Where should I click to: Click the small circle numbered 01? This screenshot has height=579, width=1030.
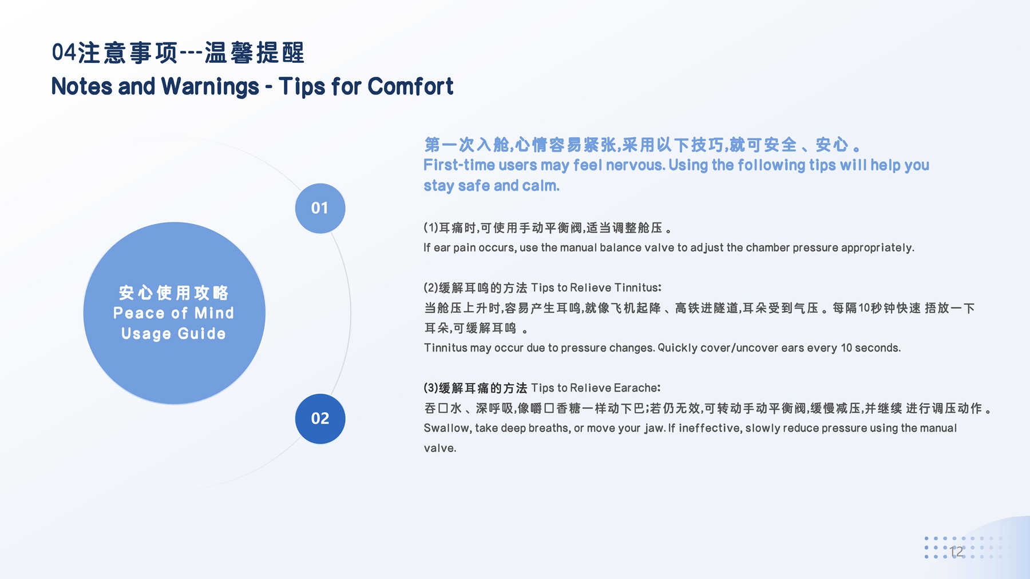(x=320, y=208)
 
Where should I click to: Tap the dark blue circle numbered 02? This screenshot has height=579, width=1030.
(x=320, y=418)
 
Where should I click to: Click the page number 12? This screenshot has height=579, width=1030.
(x=956, y=552)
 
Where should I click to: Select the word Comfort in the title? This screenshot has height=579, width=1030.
(x=410, y=86)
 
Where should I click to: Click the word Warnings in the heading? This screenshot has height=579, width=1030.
(x=210, y=87)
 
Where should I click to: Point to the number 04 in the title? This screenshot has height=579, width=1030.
(x=64, y=53)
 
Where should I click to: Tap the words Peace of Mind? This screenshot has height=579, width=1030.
(x=173, y=313)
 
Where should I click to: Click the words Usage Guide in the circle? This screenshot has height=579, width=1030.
(x=173, y=334)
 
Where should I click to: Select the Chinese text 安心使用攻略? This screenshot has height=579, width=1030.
(x=173, y=293)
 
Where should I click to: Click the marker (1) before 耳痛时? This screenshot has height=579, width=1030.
(x=431, y=228)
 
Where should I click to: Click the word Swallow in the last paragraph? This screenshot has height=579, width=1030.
(x=447, y=428)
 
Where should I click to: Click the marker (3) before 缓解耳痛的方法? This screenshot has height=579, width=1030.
(x=431, y=388)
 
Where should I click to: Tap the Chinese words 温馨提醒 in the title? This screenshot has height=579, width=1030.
(x=255, y=53)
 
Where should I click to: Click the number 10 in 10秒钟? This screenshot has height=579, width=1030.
(x=864, y=308)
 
